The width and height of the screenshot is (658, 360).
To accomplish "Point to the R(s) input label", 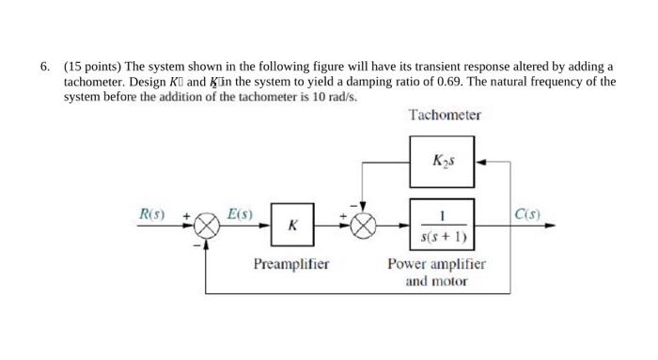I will pyautogui.click(x=151, y=213).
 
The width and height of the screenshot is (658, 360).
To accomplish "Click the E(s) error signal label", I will pyautogui.click(x=240, y=213).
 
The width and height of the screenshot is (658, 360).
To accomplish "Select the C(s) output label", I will pyautogui.click(x=526, y=213).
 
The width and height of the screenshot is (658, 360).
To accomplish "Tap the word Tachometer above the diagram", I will pyautogui.click(x=445, y=115).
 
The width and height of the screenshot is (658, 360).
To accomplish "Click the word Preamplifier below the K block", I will pyautogui.click(x=291, y=264).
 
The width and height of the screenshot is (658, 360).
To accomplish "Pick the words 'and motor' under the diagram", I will pyautogui.click(x=436, y=281).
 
